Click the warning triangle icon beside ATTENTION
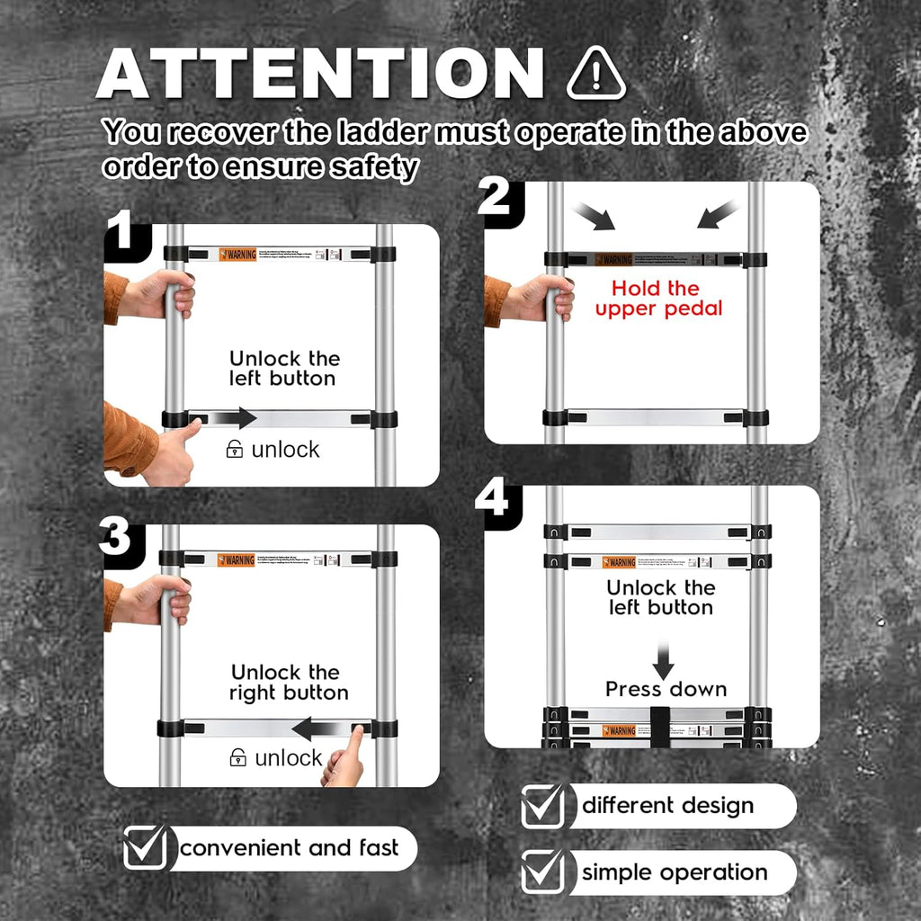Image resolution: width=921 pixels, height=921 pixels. [x=595, y=74]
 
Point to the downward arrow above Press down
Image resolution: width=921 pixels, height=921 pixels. [x=663, y=660]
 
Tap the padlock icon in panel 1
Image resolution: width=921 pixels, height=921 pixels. [x=235, y=449]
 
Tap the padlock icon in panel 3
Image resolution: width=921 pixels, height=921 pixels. [x=238, y=757]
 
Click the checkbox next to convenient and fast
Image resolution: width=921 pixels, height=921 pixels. [x=146, y=847]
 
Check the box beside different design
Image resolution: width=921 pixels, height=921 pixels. [x=544, y=806]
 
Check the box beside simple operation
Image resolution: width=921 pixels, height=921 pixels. [x=544, y=872]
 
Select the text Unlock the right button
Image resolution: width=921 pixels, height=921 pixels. [x=289, y=683]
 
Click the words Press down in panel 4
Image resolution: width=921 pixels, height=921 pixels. [x=666, y=690]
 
